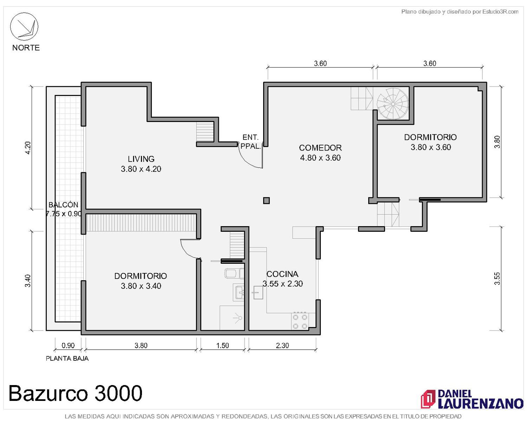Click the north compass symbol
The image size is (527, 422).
coord(24,26)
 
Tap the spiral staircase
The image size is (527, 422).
coord(392,104)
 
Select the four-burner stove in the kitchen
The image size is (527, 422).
coord(300,321)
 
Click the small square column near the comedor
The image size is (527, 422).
coord(266,200)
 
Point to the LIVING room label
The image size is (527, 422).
coord(141,159)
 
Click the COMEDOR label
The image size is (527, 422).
coord(320,148)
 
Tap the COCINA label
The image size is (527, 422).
coord(282,274)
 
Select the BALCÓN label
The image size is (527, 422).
coord(63,205)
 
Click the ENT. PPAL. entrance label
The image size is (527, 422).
coord(250,141)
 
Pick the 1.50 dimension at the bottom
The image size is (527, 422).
coord(222,345)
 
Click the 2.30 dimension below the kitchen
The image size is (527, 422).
coord(282,345)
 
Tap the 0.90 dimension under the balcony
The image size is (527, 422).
coord(68,345)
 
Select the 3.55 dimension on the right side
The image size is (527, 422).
coord(497,279)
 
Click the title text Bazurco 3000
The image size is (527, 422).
coord(76,393)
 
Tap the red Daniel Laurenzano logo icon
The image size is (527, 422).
coord(428,399)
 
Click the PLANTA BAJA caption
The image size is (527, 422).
coord(67,358)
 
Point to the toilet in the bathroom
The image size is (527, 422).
coord(234,274)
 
